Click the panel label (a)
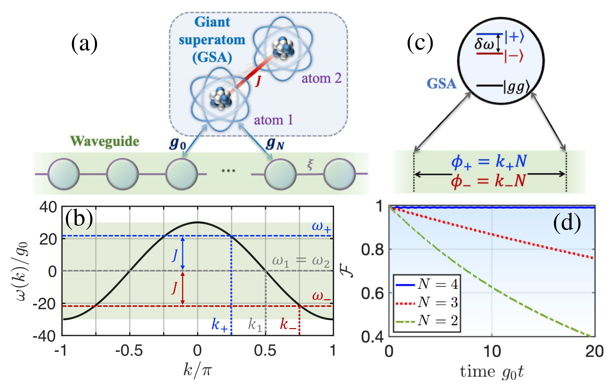[84, 44]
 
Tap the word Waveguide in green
[105, 141]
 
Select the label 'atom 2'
[321, 79]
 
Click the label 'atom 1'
[273, 120]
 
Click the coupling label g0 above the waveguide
[178, 144]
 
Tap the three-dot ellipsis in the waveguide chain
[228, 170]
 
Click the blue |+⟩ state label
[514, 37]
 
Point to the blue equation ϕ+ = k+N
[489, 162]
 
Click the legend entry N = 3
[437, 302]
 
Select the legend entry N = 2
[437, 320]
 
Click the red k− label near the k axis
[288, 325]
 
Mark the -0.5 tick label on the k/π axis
[129, 351]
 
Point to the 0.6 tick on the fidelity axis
[372, 293]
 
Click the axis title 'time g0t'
[492, 372]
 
